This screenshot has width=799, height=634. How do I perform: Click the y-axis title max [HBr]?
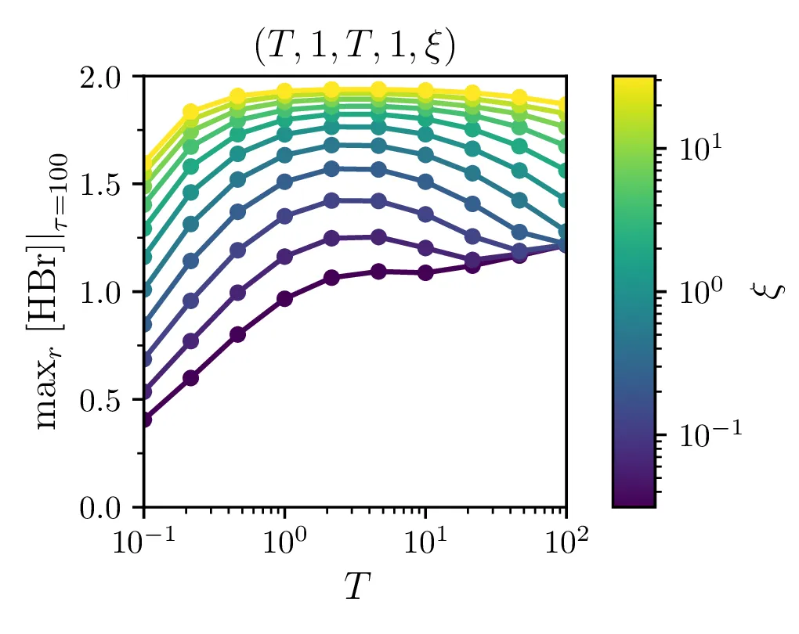click(53, 291)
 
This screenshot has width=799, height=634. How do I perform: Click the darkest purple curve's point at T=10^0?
click(285, 299)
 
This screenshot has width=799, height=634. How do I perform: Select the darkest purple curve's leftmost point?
click(145, 420)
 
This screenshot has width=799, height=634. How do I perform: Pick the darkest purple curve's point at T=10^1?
click(425, 273)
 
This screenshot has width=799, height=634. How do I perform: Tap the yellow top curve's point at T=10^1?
click(425, 91)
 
